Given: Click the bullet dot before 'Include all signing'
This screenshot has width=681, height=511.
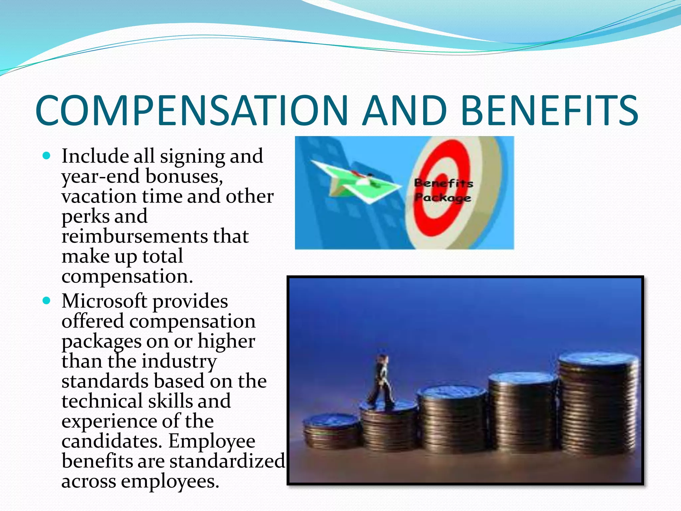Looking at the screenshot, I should [47, 155].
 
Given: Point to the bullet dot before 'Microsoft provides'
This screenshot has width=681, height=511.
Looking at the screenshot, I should [47, 301].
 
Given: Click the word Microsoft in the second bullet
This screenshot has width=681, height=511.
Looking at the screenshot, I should [104, 301].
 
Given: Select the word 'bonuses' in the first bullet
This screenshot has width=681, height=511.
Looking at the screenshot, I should [184, 176].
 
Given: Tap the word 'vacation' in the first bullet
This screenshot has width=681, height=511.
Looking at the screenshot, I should [99, 196].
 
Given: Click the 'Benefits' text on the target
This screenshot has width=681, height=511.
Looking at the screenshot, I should [443, 183].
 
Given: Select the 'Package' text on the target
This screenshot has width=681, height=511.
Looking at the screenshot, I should [442, 198].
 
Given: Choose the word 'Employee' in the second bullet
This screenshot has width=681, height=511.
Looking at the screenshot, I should [211, 441].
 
